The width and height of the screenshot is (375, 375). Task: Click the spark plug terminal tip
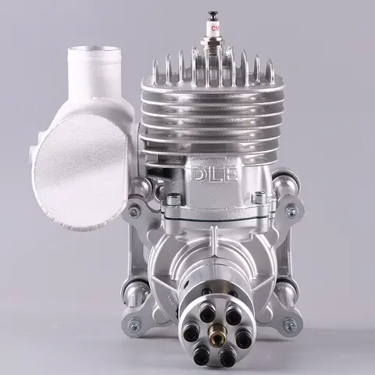210,14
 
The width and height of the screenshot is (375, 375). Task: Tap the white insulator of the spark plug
210,34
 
